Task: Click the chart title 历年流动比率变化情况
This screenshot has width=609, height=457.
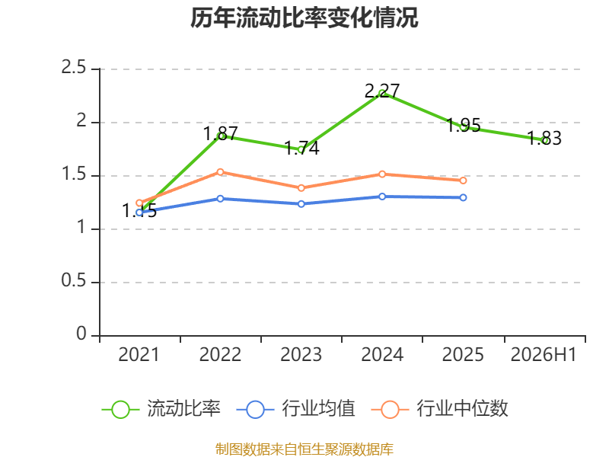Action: (x=304, y=18)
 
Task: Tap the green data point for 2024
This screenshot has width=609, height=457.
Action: (x=382, y=93)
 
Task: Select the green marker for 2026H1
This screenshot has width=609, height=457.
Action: (x=544, y=140)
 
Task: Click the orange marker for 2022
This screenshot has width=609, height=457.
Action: (x=220, y=172)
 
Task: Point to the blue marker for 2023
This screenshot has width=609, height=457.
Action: (x=301, y=204)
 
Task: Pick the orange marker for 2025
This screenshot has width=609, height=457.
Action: (x=463, y=181)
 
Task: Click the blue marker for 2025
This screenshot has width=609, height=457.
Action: (x=463, y=198)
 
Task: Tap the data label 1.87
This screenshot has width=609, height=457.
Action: (x=220, y=134)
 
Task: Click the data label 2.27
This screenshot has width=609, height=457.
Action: (x=382, y=91)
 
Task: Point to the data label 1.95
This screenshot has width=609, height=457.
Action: (x=464, y=125)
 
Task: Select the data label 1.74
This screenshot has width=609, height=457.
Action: (x=301, y=148)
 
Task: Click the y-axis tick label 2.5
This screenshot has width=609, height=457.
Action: (x=74, y=68)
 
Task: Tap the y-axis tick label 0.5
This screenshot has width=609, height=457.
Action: (x=74, y=280)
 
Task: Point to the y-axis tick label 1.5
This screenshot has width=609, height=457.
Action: (x=74, y=174)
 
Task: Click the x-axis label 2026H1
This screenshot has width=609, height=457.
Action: (x=544, y=354)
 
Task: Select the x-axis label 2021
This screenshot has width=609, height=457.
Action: (x=139, y=354)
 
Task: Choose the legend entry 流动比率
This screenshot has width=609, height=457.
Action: (x=161, y=409)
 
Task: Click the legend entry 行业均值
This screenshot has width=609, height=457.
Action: (x=295, y=409)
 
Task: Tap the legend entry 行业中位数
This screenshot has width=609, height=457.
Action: (x=440, y=409)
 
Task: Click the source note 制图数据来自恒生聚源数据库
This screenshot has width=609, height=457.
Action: (x=304, y=449)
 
